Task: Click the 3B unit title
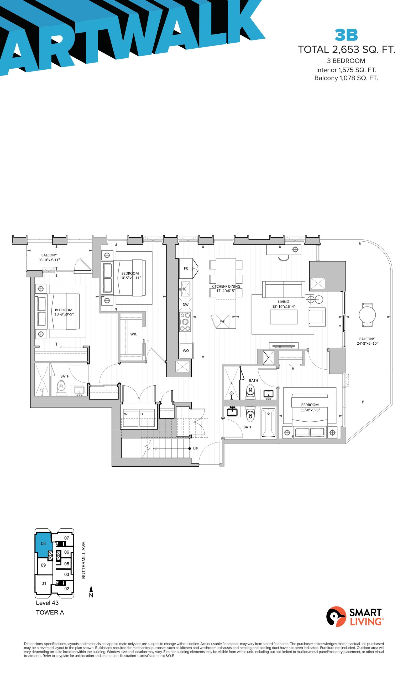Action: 346,35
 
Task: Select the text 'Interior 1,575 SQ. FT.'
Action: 346,70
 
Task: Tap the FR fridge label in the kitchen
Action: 186,268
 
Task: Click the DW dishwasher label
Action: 185,304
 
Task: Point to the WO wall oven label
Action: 186,351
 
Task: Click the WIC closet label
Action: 134,334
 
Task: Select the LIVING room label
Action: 283,302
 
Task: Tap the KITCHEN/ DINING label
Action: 226,286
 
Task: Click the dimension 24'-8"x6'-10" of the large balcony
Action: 367,343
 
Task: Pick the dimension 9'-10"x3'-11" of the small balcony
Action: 49,260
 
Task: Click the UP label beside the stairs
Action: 195,448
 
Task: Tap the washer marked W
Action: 131,418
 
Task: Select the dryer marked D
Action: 147,418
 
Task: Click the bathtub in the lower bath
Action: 269,422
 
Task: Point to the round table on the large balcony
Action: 367,315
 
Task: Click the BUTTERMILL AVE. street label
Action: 84,559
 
